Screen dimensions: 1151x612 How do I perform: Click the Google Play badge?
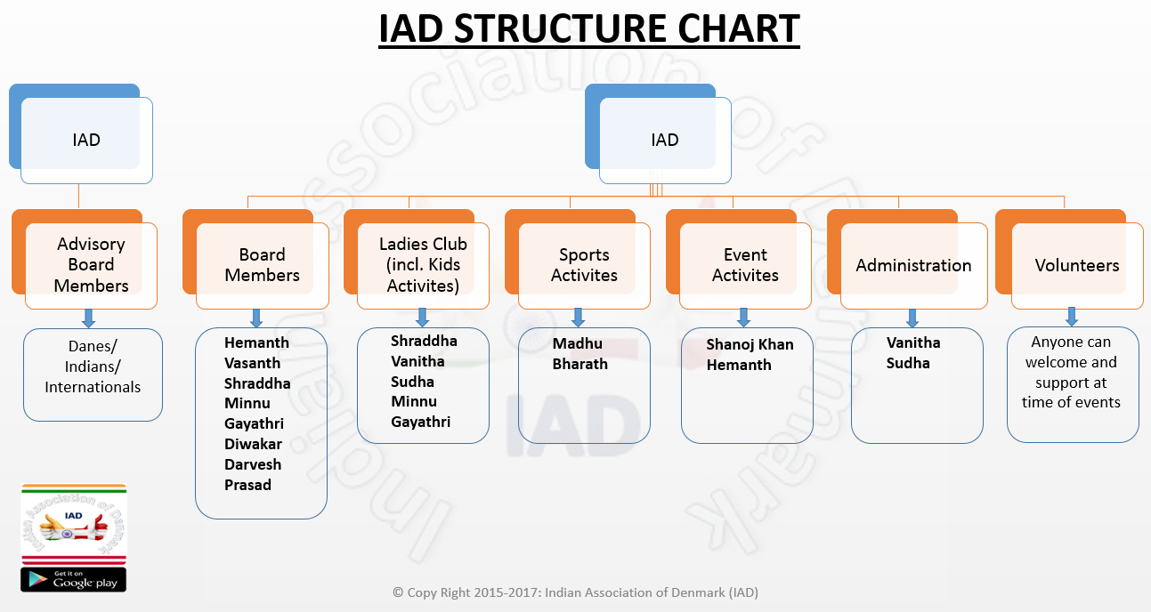pyautogui.click(x=74, y=580)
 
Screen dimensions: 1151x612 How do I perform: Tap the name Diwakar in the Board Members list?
pyautogui.click(x=253, y=444)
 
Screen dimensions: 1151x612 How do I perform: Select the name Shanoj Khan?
pyautogui.click(x=750, y=344)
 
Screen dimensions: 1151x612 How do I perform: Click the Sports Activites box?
pyautogui.click(x=578, y=259)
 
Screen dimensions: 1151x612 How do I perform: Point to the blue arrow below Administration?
pyautogui.click(x=912, y=318)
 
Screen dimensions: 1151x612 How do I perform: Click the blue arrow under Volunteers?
pyautogui.click(x=1072, y=317)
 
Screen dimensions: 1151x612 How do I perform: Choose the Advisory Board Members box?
pyautogui.click(x=85, y=259)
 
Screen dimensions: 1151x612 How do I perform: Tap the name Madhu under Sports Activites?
pyautogui.click(x=577, y=343)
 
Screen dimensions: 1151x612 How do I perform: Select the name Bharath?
pyautogui.click(x=580, y=364)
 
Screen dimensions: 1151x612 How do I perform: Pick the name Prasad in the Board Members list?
pyautogui.click(x=247, y=485)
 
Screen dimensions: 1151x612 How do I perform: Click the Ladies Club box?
pyautogui.click(x=417, y=259)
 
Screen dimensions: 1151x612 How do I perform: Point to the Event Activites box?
pyautogui.click(x=738, y=259)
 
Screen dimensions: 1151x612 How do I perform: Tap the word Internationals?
pyautogui.click(x=93, y=387)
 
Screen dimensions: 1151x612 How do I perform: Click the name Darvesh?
pyautogui.click(x=253, y=464)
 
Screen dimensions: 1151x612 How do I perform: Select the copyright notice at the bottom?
pyautogui.click(x=575, y=592)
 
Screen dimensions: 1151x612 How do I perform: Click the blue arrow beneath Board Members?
pyautogui.click(x=256, y=318)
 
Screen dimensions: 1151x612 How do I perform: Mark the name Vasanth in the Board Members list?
pyautogui.click(x=252, y=363)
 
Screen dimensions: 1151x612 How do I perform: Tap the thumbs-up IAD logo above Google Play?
pyautogui.click(x=74, y=524)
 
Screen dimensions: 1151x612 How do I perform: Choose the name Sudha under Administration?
pyautogui.click(x=908, y=363)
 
